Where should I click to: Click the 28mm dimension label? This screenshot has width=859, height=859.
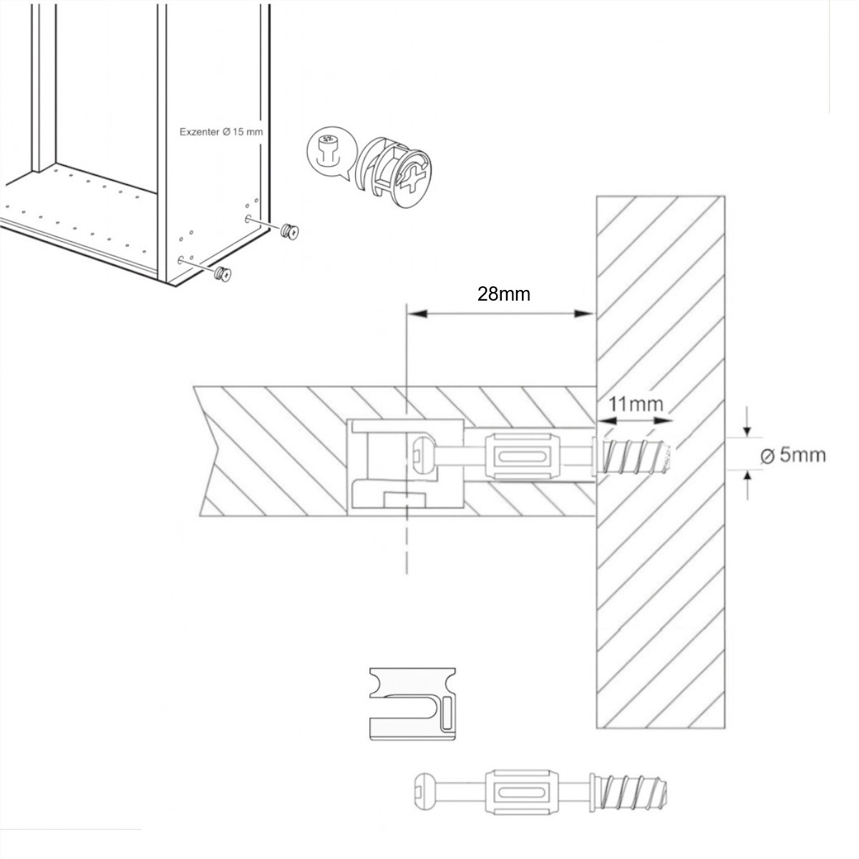(x=504, y=294)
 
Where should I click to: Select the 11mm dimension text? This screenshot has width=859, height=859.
(x=636, y=404)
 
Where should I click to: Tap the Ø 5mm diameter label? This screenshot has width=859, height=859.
(x=792, y=455)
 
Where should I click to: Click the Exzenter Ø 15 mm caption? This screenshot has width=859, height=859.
(x=221, y=132)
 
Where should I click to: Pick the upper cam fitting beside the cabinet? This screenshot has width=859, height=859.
(x=290, y=230)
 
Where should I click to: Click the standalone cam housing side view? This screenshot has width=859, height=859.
(x=413, y=704)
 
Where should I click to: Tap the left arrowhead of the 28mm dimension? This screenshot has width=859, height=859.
(x=415, y=313)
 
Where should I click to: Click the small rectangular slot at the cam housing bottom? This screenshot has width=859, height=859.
(x=405, y=498)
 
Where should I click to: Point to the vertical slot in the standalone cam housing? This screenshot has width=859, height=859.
(x=448, y=713)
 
